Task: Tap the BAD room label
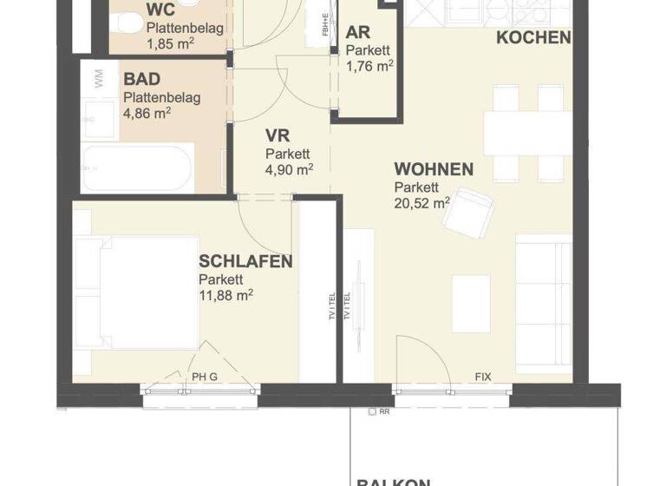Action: [141, 81]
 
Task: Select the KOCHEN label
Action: [533, 37]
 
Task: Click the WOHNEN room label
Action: [434, 169]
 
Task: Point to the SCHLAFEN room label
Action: [245, 261]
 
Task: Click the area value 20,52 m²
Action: [422, 204]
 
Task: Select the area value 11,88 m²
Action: [225, 295]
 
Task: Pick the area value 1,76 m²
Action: [369, 65]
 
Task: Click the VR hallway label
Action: [277, 136]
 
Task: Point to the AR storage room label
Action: [357, 33]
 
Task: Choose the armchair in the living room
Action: [469, 210]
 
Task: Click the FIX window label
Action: [483, 377]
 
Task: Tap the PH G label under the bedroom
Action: [205, 377]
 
